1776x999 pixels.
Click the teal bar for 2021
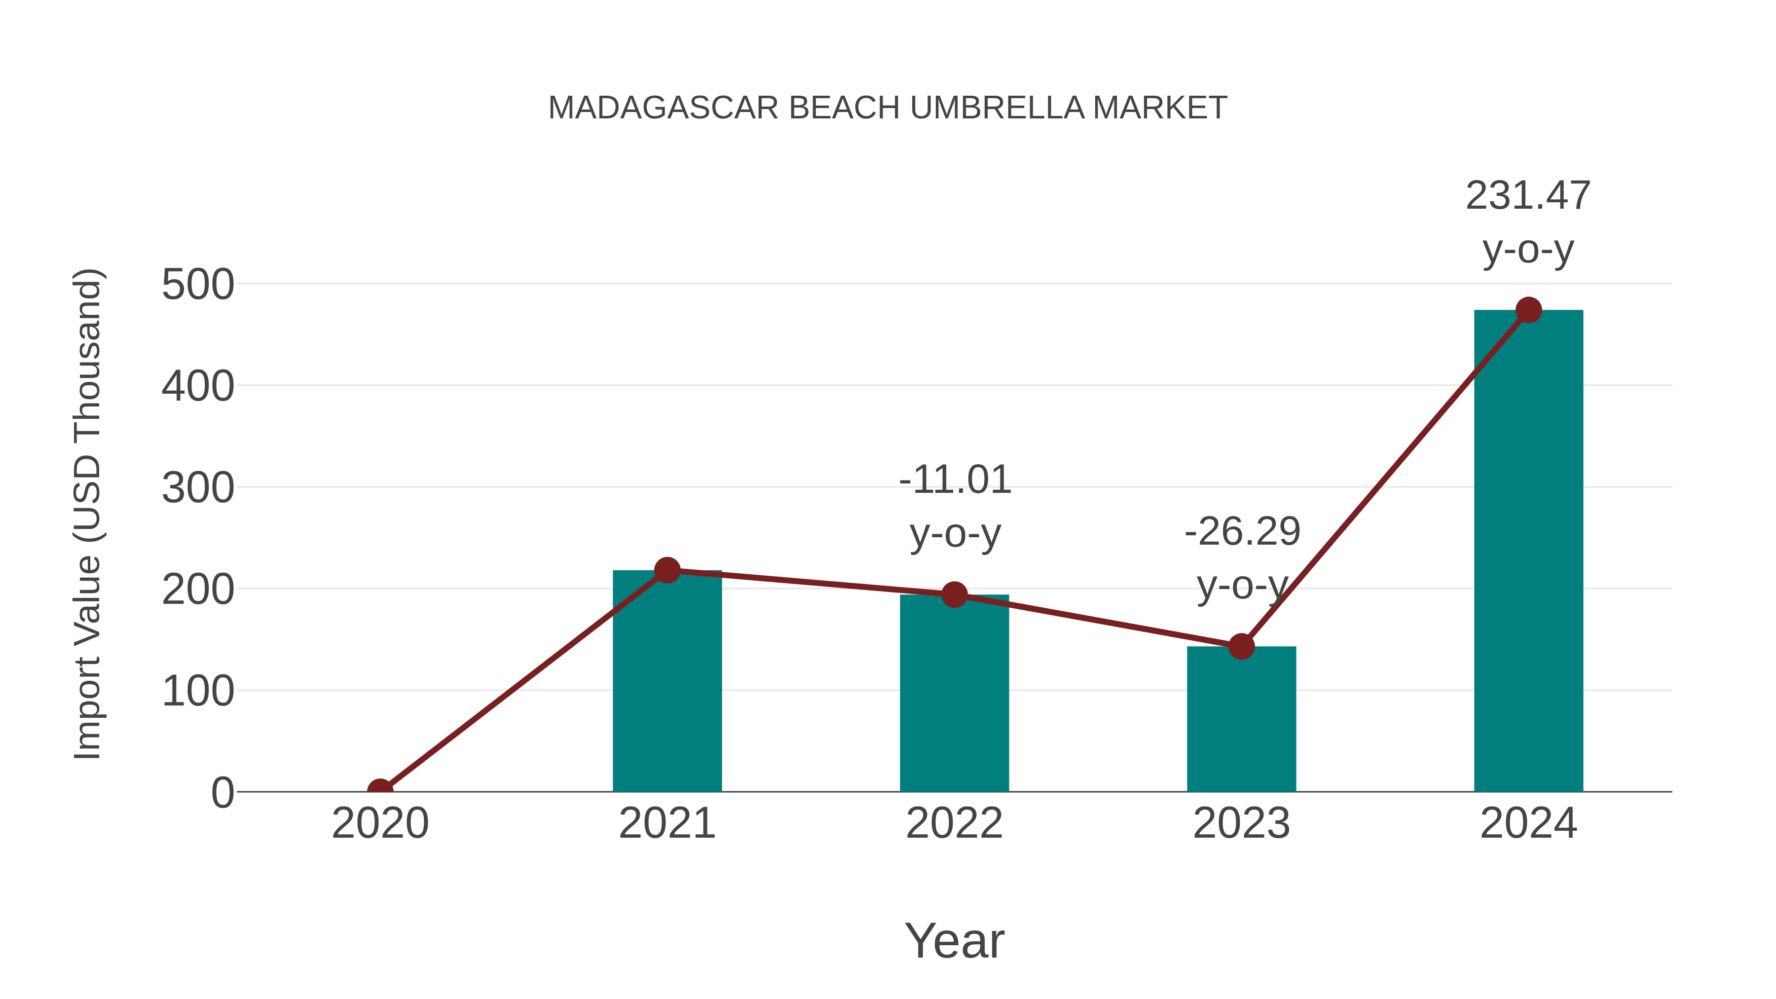pos(666,683)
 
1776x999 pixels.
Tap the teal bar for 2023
pos(1241,720)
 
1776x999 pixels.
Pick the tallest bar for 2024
pos(1528,552)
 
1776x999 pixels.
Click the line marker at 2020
pos(380,790)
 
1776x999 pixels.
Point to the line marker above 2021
pos(666,570)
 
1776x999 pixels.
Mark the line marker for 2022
pos(954,594)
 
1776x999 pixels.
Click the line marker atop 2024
pos(1528,310)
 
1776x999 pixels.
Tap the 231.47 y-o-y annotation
pos(1528,222)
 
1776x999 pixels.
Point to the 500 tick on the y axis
pos(198,285)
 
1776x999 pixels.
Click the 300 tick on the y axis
pos(198,488)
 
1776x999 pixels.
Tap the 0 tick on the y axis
pos(222,793)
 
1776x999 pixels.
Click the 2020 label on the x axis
pos(380,823)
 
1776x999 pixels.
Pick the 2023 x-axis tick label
pos(1241,823)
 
